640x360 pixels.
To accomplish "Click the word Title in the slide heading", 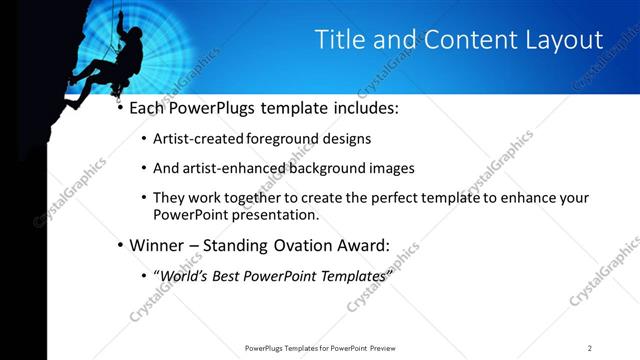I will coord(339,40).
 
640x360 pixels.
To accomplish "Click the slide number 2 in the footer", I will coord(590,348).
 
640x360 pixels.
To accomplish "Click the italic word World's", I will coord(186,275).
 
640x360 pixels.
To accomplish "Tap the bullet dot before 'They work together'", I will coord(143,198).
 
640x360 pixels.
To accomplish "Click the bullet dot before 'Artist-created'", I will coord(143,139).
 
